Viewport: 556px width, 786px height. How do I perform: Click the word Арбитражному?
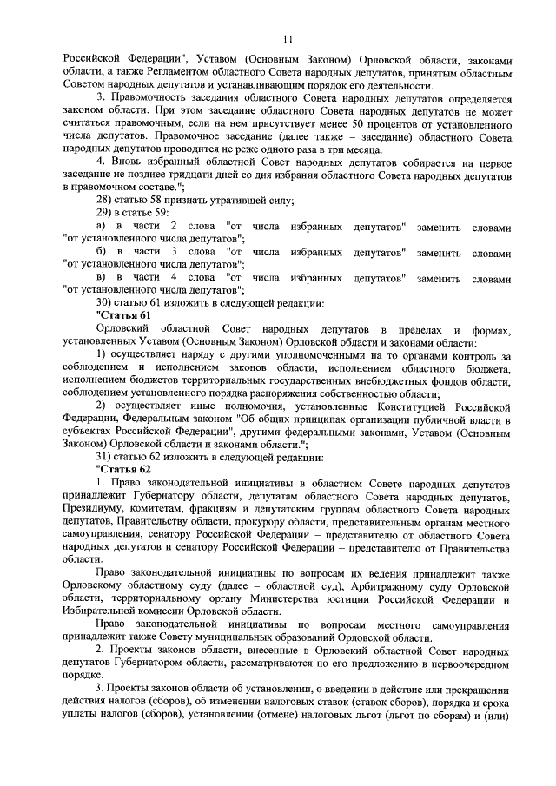click(x=408, y=585)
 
